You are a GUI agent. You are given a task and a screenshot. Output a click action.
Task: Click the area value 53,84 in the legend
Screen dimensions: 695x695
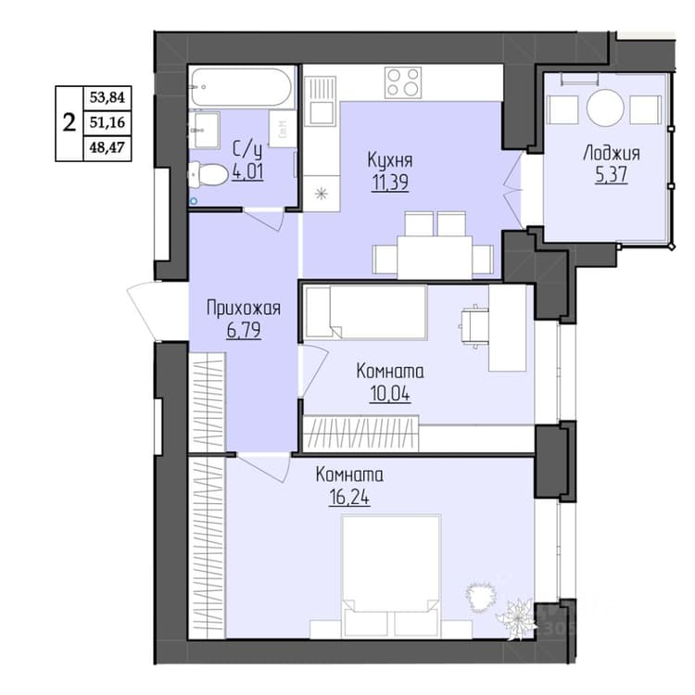coord(107,97)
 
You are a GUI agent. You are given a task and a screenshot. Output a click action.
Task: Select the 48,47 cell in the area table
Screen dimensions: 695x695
coord(107,147)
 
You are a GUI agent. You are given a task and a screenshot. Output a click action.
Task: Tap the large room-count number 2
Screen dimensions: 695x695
coord(69,122)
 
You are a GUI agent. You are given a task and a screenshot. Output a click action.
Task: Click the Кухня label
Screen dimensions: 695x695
coord(390,160)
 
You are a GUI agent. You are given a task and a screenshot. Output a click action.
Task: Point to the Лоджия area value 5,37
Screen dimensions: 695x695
coord(612,174)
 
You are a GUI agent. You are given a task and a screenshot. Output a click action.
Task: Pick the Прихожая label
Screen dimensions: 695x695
coord(244,308)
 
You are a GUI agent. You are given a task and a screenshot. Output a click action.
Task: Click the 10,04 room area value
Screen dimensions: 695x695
coord(389,393)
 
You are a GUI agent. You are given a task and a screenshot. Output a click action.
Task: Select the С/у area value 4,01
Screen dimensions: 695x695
coord(247,171)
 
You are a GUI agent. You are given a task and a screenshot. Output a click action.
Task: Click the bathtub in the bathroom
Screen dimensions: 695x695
coord(242,87)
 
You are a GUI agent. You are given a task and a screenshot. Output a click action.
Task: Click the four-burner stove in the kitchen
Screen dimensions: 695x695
coord(403,82)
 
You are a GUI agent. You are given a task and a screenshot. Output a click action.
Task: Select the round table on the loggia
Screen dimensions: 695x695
coord(605,107)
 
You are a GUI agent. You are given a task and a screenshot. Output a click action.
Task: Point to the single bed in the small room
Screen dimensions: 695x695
coord(366,312)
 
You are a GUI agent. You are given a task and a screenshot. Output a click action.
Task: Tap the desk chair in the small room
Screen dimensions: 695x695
coord(474,326)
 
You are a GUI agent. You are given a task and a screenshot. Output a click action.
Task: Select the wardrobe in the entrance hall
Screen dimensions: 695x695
coord(207,402)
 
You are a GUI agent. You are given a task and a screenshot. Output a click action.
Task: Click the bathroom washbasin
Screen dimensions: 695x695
coord(205,130)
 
